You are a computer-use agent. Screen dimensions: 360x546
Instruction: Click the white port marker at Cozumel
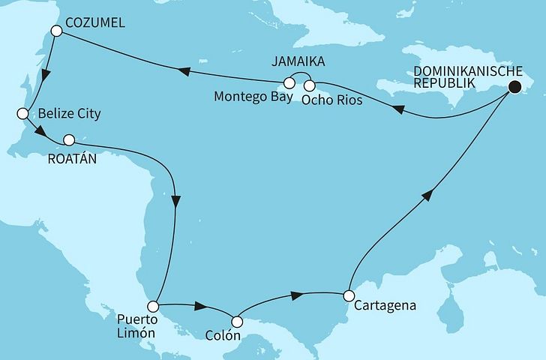(56, 31)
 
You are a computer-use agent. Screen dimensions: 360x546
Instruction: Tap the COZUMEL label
(95, 24)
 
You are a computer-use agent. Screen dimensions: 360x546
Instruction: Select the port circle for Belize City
(22, 114)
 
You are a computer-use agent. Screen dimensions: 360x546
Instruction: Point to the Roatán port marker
(69, 139)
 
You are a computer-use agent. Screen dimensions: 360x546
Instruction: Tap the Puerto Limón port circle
(153, 306)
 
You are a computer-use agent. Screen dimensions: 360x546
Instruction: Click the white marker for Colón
(237, 322)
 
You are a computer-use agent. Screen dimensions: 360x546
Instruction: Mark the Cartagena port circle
(348, 295)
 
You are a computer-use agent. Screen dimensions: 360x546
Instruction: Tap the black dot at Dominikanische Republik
(514, 87)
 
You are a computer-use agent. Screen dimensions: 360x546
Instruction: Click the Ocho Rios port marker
(309, 84)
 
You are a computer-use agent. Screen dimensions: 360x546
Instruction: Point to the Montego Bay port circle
(288, 84)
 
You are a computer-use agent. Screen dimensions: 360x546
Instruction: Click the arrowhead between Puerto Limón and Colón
(201, 307)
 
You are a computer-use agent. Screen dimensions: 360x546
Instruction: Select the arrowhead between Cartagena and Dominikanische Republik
(427, 195)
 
